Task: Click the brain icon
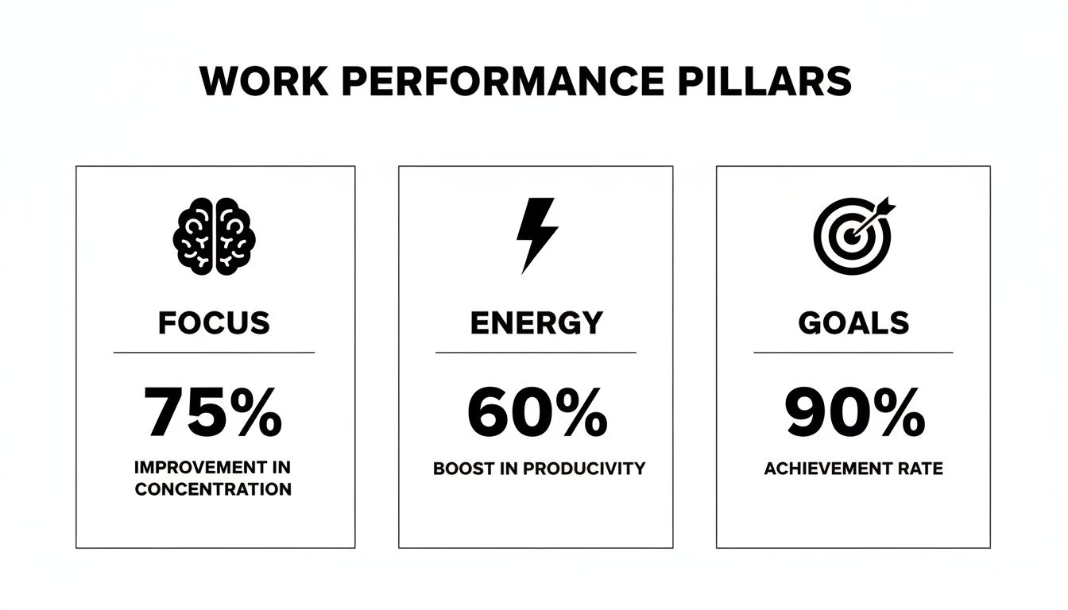tap(215, 236)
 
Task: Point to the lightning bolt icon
tap(536, 235)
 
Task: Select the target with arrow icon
tap(853, 233)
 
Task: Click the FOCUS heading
tap(214, 323)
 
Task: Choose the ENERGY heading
tap(536, 323)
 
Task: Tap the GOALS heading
tap(853, 323)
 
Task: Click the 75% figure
tap(214, 413)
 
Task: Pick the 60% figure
tap(537, 413)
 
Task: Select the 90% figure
tap(854, 413)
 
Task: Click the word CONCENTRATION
tap(213, 489)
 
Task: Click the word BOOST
tap(459, 469)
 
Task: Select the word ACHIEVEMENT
tap(826, 469)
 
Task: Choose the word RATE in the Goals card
tap(921, 469)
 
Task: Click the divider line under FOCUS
tap(214, 352)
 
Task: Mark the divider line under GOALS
tap(853, 352)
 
